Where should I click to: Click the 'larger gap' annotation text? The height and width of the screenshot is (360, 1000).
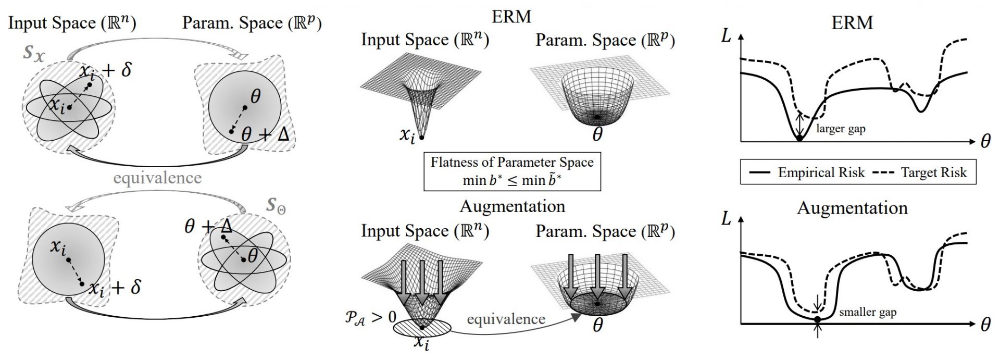coord(841,129)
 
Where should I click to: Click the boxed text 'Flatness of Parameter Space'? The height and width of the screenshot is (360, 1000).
coord(512,162)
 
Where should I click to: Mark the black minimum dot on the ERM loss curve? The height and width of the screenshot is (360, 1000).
coord(799,138)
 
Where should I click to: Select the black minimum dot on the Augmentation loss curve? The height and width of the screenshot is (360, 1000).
coord(818,319)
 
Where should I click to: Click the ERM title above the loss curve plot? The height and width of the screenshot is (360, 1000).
coord(852,22)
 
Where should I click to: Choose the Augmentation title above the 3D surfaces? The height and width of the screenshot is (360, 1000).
coord(512,206)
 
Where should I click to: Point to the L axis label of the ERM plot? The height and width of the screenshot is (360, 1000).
coord(727,38)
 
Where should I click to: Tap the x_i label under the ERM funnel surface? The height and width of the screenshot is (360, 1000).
coord(408,135)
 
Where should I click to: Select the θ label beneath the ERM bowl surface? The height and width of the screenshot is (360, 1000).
coord(597,134)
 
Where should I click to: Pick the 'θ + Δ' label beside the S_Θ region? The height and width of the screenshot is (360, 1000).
coord(208,227)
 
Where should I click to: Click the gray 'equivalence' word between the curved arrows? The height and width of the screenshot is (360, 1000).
coord(157,178)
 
